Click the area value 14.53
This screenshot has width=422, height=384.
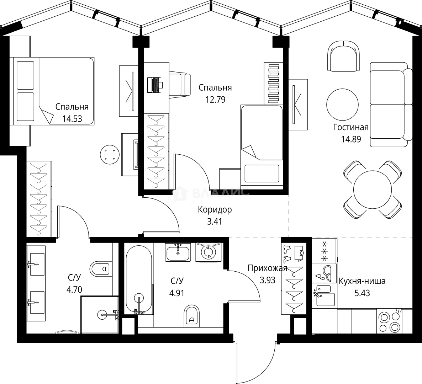(x=72, y=118)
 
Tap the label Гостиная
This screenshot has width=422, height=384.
(x=350, y=127)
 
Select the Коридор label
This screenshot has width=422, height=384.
(x=215, y=209)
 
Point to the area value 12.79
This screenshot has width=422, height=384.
(x=215, y=99)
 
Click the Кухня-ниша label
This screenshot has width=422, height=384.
(x=362, y=282)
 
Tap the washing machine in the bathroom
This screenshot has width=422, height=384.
(x=208, y=252)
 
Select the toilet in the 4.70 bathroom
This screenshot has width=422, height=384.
(x=101, y=268)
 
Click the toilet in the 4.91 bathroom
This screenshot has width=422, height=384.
(x=192, y=315)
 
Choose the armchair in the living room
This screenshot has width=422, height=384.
(x=342, y=56)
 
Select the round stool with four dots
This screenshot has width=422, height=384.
(x=109, y=155)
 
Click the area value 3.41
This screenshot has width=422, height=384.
(x=215, y=222)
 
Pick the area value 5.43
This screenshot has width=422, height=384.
(x=362, y=293)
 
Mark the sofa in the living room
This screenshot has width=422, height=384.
(x=389, y=105)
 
